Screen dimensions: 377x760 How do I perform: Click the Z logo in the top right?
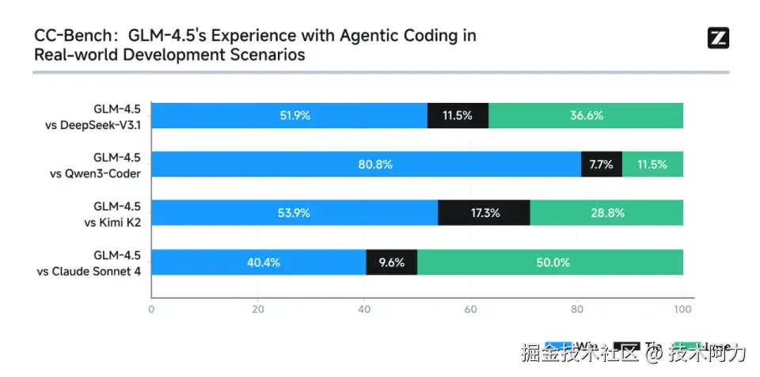(718, 38)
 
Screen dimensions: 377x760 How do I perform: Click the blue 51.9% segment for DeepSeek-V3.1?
(289, 116)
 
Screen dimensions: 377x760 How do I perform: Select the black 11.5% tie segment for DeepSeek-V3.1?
(458, 116)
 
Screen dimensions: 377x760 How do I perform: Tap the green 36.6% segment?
(586, 116)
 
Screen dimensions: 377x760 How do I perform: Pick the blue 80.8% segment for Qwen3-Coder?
(366, 165)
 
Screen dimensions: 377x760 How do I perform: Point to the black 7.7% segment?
(602, 165)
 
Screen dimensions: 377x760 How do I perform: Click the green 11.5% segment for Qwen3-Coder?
(652, 165)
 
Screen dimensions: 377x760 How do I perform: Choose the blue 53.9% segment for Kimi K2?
(294, 213)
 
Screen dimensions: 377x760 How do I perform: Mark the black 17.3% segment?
(484, 213)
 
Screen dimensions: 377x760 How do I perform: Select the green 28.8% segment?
(606, 213)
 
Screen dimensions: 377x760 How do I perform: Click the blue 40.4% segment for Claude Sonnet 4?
(258, 262)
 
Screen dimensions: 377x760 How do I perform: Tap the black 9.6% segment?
(392, 262)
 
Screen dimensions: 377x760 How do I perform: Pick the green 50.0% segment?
(550, 262)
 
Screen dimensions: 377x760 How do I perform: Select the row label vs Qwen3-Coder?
(96, 173)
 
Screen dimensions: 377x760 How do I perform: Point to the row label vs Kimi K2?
(112, 222)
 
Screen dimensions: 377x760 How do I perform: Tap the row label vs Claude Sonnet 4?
(89, 271)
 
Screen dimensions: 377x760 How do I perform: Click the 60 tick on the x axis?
(470, 310)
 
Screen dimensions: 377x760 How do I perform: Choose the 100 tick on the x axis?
(682, 310)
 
